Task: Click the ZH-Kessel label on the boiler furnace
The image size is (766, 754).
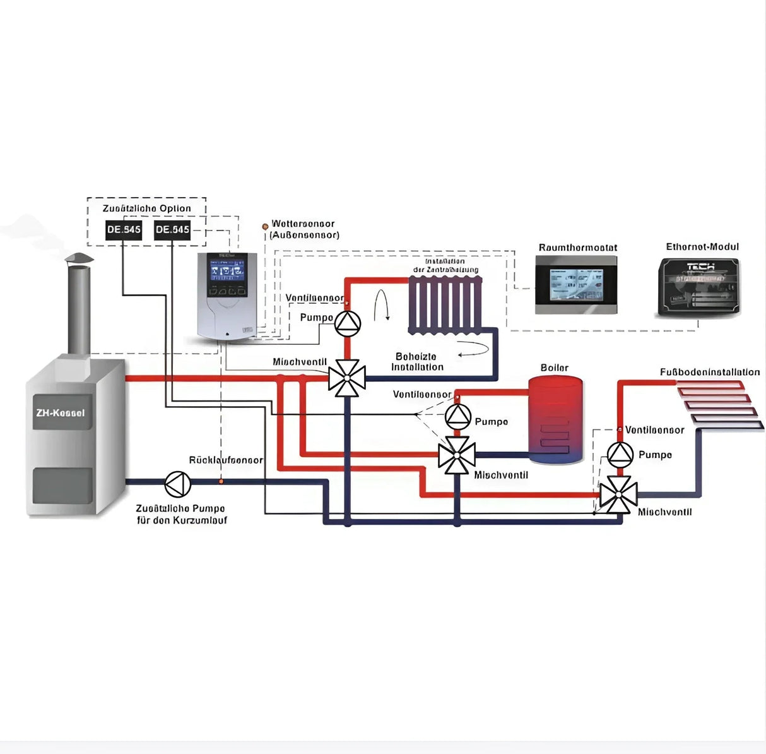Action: pyautogui.click(x=61, y=413)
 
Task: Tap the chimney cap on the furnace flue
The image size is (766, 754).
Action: pyautogui.click(x=79, y=258)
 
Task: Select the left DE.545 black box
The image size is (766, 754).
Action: pyautogui.click(x=124, y=229)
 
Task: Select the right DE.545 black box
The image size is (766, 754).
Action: pyautogui.click(x=172, y=229)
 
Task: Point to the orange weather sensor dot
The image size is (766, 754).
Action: pyautogui.click(x=265, y=226)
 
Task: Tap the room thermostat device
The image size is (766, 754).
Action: pyautogui.click(x=576, y=285)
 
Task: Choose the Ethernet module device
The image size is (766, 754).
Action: pyautogui.click(x=702, y=286)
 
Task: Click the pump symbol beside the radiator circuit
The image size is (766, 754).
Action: pyautogui.click(x=347, y=323)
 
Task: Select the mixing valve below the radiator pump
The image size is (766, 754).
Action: pyautogui.click(x=347, y=378)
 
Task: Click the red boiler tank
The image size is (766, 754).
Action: pyautogui.click(x=555, y=419)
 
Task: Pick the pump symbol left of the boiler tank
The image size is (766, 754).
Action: pyautogui.click(x=458, y=416)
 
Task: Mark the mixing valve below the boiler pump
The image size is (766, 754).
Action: pyautogui.click(x=457, y=455)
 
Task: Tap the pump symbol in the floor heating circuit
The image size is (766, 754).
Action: pyautogui.click(x=620, y=454)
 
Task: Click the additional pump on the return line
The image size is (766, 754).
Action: pyautogui.click(x=178, y=484)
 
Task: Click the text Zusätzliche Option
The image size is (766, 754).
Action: pyautogui.click(x=146, y=208)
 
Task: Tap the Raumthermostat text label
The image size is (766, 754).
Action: pyautogui.click(x=577, y=248)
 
